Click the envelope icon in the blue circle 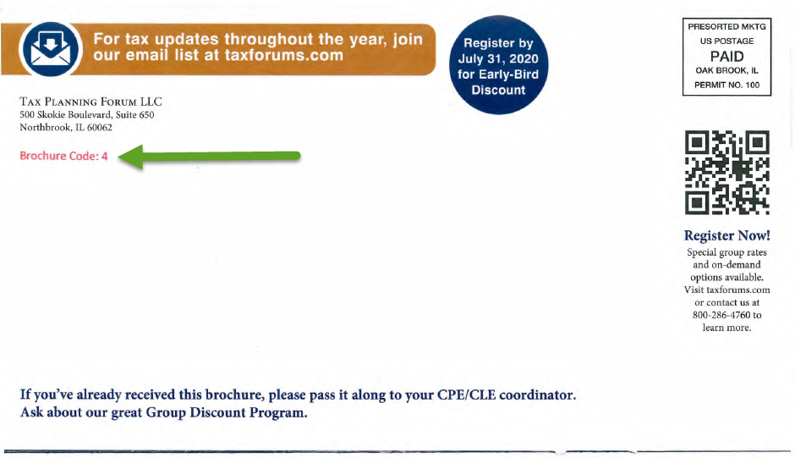50,49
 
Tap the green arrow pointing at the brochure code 209,157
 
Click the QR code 727,173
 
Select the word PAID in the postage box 726,56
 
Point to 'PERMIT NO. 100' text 726,85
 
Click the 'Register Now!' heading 727,235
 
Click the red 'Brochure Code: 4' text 64,156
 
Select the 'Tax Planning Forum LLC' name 90,102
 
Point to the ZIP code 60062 100,128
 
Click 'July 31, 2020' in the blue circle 498,59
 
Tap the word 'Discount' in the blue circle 498,90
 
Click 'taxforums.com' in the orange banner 284,55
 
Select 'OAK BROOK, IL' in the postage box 726,70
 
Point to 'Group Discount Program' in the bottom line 226,412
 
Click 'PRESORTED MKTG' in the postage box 726,26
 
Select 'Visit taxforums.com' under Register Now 726,290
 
